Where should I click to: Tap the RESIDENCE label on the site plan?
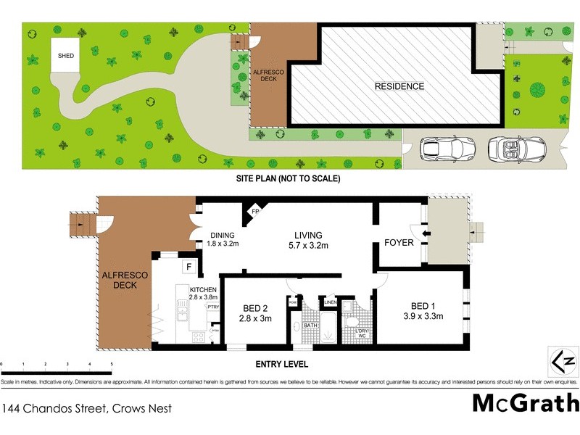[399, 86]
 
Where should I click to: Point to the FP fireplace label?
[255, 212]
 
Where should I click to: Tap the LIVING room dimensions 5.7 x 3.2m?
[307, 246]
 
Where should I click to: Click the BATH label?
[310, 326]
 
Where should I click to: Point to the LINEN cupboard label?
[331, 302]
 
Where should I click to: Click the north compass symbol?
[563, 360]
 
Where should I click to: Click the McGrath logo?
[526, 404]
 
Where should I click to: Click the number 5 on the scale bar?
[112, 363]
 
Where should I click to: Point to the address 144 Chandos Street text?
[87, 408]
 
